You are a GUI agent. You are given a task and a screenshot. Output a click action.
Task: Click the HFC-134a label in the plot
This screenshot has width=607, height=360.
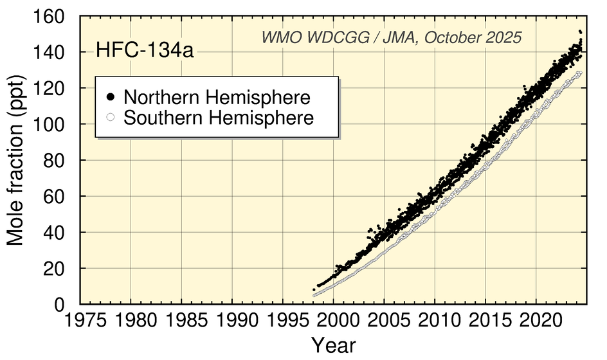coord(144,51)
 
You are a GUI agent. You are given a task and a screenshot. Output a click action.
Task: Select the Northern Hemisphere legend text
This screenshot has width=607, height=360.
coord(217,98)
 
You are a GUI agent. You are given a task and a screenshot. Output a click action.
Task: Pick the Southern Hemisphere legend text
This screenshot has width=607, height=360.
coord(219,118)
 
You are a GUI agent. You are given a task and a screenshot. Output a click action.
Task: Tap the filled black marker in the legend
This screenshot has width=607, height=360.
coord(111,98)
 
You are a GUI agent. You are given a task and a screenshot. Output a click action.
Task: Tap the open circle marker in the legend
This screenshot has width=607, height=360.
coord(111,118)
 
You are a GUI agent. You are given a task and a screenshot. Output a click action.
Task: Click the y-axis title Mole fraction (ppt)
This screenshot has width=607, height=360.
coord(17,162)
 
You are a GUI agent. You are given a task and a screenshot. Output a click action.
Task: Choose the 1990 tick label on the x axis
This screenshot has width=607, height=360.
coord(232,320)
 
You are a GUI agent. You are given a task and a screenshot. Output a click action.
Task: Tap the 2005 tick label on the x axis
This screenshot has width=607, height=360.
coord(385,320)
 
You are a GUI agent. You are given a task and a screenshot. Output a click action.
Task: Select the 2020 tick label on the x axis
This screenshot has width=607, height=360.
coord(536,320)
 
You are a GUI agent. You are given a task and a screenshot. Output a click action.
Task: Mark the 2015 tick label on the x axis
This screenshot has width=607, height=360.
coord(485,320)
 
